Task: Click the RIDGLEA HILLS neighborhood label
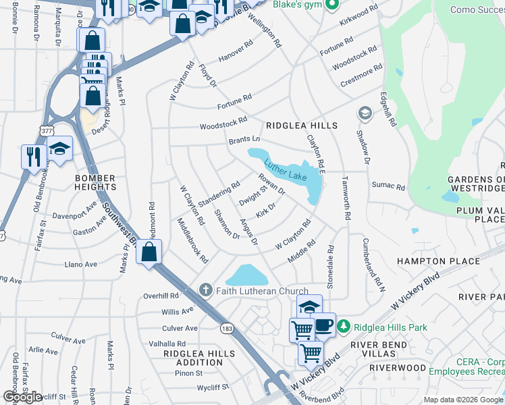tap(302, 126)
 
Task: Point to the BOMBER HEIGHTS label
tap(95, 182)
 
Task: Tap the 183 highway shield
tap(226, 327)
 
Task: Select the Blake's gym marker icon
tap(331, 5)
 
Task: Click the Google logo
tap(22, 397)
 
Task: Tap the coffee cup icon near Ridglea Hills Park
tap(323, 325)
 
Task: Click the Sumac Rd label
tap(388, 186)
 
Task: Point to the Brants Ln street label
tap(244, 140)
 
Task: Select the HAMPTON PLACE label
tap(439, 261)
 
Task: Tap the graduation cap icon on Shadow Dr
tap(365, 112)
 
